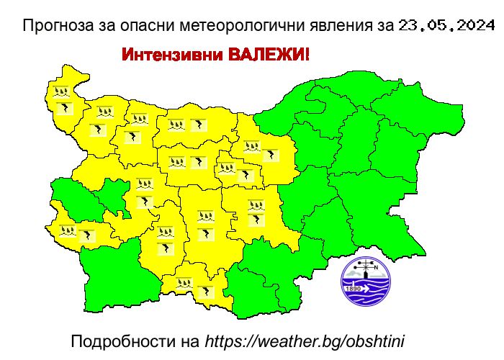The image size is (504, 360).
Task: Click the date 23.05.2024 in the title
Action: click(x=444, y=27)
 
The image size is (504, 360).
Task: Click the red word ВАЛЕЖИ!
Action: click(x=269, y=55)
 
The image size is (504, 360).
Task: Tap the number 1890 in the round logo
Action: click(x=354, y=289)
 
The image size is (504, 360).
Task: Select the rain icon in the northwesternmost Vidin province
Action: click(x=60, y=92)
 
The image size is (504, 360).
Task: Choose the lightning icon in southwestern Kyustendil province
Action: click(x=88, y=235)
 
